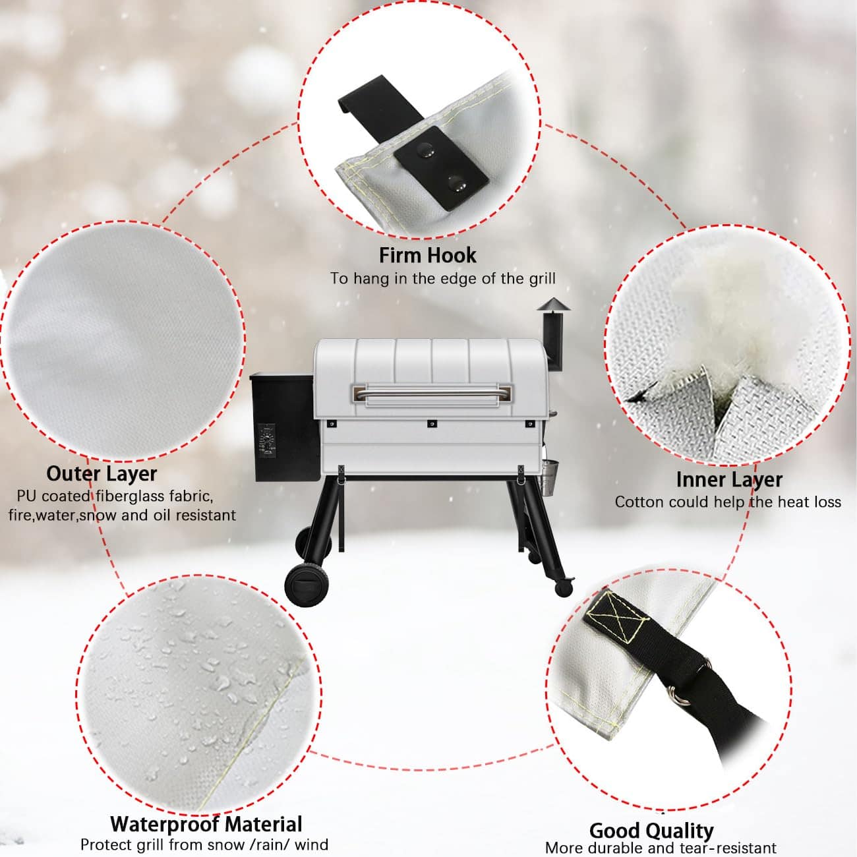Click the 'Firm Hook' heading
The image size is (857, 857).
pos(427,255)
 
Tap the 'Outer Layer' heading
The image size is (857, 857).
pos(102,474)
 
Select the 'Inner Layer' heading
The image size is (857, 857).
pos(729,480)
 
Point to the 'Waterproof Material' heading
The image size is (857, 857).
pos(206,824)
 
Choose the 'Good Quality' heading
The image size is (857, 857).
pos(651,831)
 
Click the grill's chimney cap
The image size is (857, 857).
pos(553,304)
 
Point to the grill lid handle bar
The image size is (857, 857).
pos(431,393)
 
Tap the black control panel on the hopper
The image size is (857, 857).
pos(267,440)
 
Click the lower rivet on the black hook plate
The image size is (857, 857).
pos(456,183)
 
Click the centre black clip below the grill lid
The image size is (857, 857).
pos(431,424)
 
